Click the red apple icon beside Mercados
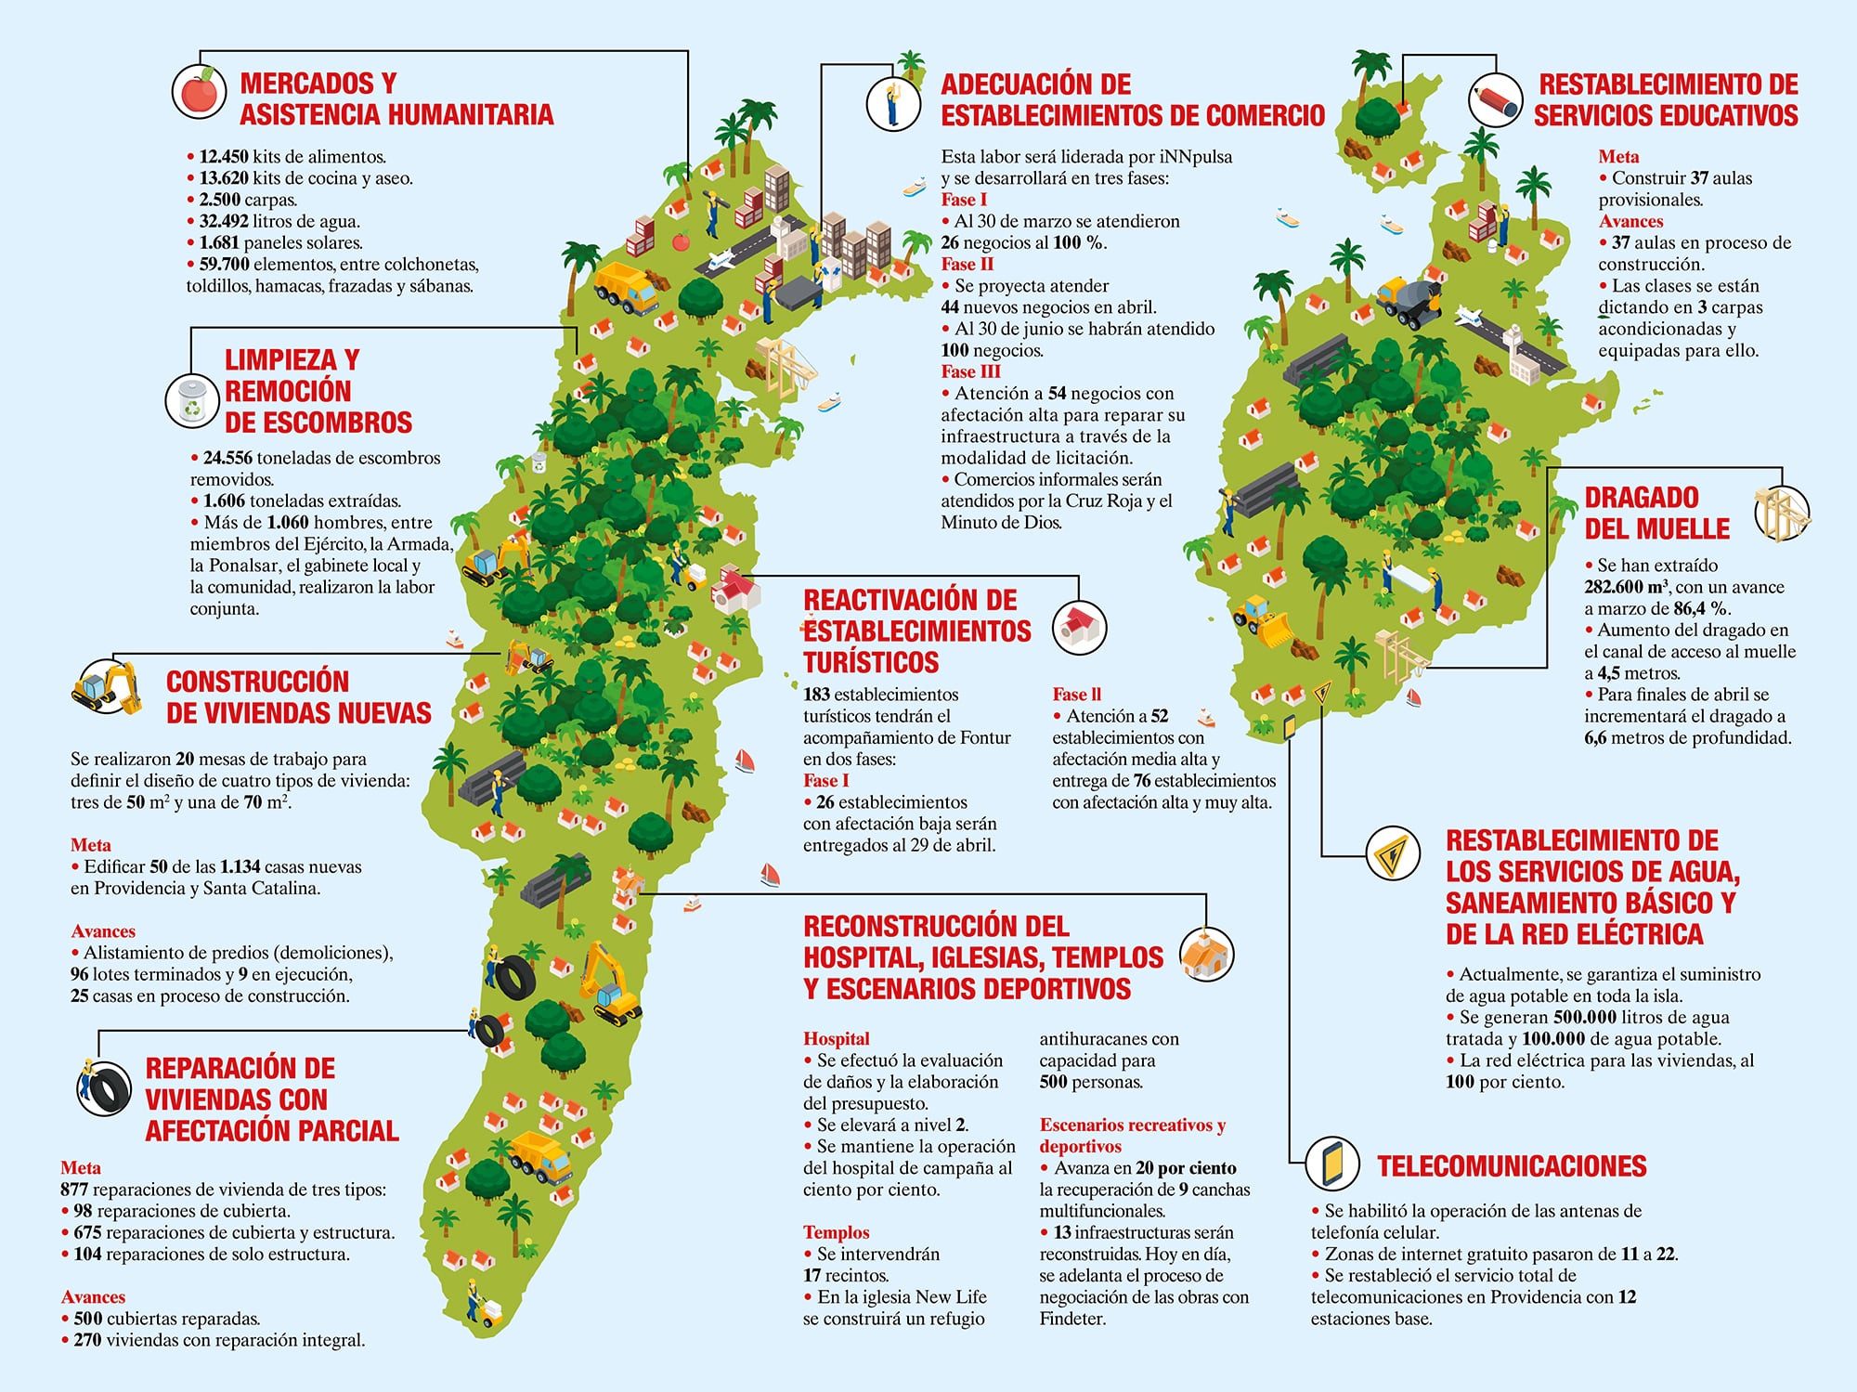coord(199,91)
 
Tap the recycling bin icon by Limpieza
coord(192,401)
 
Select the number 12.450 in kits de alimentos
coord(224,157)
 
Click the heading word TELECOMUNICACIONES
coord(1512,1166)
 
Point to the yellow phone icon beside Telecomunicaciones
coord(1332,1163)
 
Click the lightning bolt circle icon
coord(1393,853)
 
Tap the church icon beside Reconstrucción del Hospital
coord(1206,955)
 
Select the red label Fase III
coord(970,372)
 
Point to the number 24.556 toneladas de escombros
coord(227,458)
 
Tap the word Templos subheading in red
coord(836,1232)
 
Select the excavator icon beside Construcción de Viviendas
coord(108,686)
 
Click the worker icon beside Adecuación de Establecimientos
coord(892,102)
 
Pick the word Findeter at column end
coord(1072,1319)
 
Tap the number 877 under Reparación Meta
coord(74,1190)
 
